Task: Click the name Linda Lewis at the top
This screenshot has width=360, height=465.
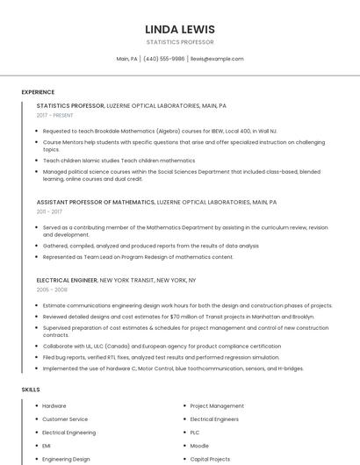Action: pos(179,29)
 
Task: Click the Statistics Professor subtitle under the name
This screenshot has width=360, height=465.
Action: pos(179,41)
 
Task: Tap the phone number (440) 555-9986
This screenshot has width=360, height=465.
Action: pos(163,59)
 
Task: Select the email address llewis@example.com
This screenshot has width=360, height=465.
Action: pos(217,59)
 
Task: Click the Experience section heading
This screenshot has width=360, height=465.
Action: pos(38,92)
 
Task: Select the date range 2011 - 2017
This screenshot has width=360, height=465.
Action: pos(49,211)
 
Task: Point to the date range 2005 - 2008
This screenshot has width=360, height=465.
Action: pos(51,289)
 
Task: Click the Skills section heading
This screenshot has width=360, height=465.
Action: pos(31,389)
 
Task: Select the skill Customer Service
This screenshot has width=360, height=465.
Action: pos(65,419)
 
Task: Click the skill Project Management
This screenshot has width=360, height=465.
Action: pos(217,406)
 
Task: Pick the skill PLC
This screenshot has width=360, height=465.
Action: pos(195,433)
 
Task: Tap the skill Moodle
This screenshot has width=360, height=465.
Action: pos(199,446)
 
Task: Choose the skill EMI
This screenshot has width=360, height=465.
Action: pos(47,446)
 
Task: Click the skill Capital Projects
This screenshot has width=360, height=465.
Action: pos(210,459)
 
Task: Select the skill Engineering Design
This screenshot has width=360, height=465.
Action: pos(66,459)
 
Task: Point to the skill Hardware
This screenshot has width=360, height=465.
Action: pos(54,406)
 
